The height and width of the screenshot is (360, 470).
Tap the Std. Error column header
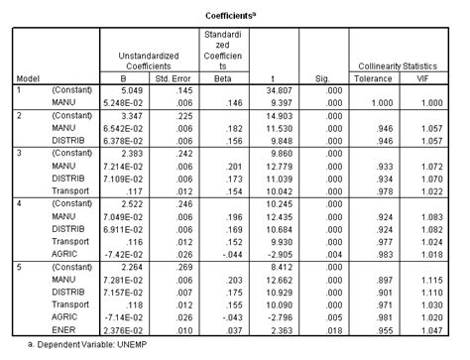[x=178, y=78]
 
